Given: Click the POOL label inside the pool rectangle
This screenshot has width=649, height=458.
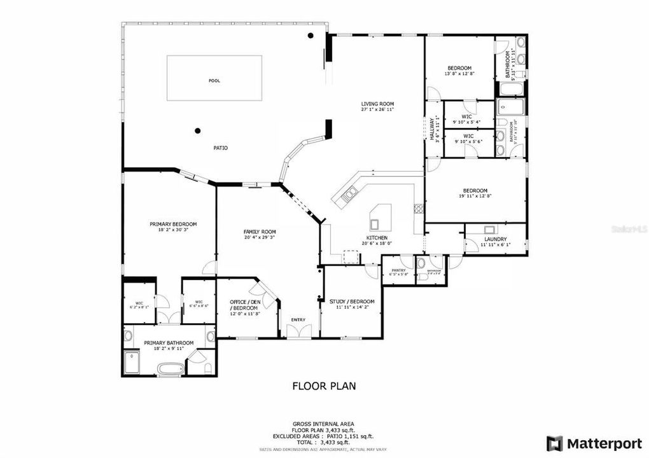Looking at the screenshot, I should (214, 81).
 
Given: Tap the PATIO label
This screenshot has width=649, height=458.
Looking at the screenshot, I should (220, 148).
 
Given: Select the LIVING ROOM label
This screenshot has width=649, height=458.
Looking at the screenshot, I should (378, 104).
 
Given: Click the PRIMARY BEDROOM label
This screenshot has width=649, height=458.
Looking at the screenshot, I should (173, 224).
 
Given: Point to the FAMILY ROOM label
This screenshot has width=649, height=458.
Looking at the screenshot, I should (259, 232).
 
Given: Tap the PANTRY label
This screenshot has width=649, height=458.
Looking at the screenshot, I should (399, 270).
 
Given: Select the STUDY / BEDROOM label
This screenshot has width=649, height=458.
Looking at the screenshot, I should (352, 302).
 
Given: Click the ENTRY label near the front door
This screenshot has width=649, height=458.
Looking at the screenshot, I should (298, 319).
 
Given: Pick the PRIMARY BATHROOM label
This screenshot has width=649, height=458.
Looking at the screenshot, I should (169, 343).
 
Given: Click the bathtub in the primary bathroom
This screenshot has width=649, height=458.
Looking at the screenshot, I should (169, 368).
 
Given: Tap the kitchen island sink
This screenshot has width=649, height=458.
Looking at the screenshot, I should (375, 223).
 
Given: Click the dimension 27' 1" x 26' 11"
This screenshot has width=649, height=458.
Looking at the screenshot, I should (378, 109).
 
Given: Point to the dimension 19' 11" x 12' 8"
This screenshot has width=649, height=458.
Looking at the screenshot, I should (475, 196).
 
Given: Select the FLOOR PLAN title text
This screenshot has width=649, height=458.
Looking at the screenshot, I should (324, 385).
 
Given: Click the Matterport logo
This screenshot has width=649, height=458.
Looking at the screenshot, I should (591, 443).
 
